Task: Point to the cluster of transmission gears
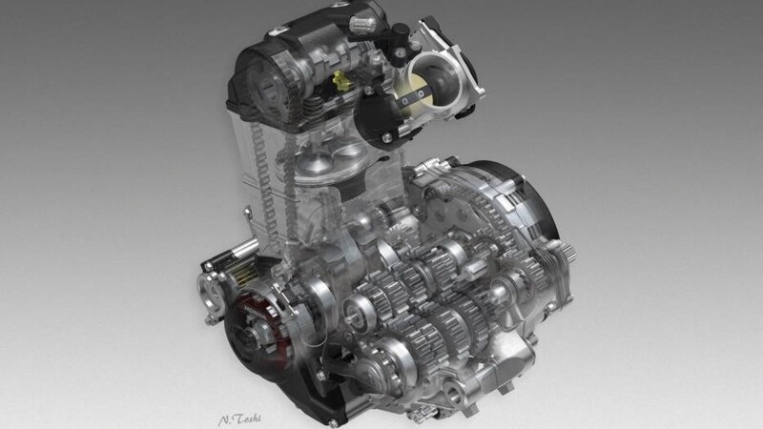[429, 286]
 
